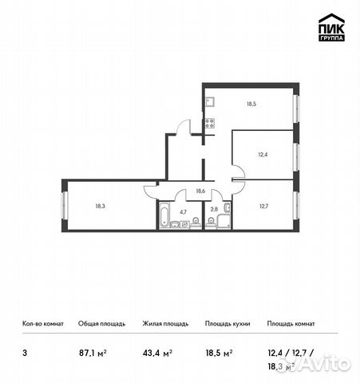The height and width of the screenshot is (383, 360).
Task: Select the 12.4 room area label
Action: coord(263,156)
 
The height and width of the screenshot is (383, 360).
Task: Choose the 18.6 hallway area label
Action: coord(200,191)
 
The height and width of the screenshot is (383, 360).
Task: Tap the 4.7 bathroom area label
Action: coord(183,211)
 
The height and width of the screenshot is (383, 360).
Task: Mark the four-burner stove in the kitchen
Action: coord(209,123)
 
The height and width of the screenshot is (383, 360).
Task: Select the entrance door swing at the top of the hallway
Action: coord(183,127)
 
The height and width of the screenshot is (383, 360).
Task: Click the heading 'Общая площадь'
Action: coord(101,324)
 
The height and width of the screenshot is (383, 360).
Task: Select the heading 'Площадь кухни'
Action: coord(227,324)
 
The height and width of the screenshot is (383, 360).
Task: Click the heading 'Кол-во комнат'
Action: coord(42,324)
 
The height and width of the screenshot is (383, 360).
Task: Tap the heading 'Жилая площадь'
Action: coord(165,324)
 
